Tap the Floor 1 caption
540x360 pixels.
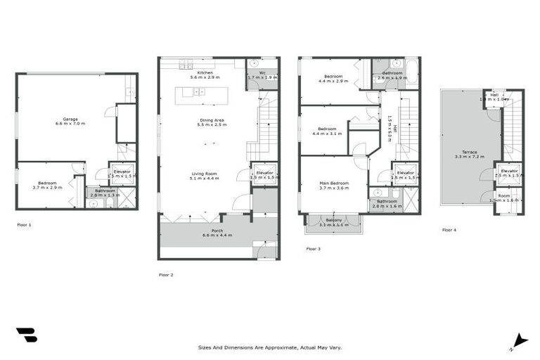24,225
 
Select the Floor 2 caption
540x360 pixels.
165,275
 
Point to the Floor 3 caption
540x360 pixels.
314,248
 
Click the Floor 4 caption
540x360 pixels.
449,230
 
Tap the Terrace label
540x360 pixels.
465,154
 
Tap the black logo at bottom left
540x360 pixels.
26,335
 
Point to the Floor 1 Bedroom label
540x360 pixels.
47,186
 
